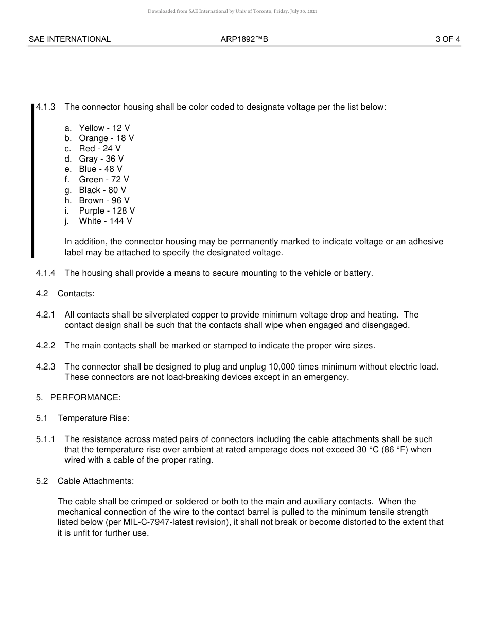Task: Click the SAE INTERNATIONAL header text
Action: [x=69, y=39]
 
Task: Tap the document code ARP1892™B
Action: [x=244, y=39]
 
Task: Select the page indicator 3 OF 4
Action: [x=447, y=39]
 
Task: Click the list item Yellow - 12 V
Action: [x=104, y=128]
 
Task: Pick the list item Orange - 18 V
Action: [x=106, y=138]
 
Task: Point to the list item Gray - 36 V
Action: [x=101, y=159]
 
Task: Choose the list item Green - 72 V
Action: [x=104, y=179]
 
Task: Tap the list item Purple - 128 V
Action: [x=107, y=210]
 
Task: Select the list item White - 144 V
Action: [x=105, y=221]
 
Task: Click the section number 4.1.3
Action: [x=46, y=107]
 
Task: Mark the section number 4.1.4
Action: [x=46, y=273]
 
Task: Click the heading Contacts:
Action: [x=76, y=293]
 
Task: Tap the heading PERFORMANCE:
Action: [x=85, y=397]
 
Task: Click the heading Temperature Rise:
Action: [x=93, y=418]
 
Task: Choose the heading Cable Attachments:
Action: [x=96, y=481]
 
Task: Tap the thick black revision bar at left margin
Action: [x=33, y=180]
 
